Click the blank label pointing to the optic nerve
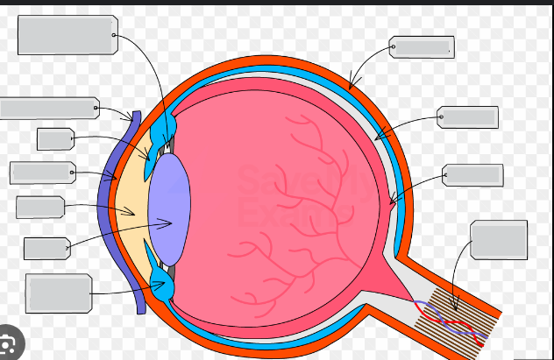coord(499,239)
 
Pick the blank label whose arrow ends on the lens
coord(46,248)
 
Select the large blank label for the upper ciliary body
coord(67,35)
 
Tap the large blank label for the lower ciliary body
coord(59,293)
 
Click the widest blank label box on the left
coord(49,108)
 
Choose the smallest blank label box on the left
coord(54,138)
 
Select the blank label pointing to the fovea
coord(473,174)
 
